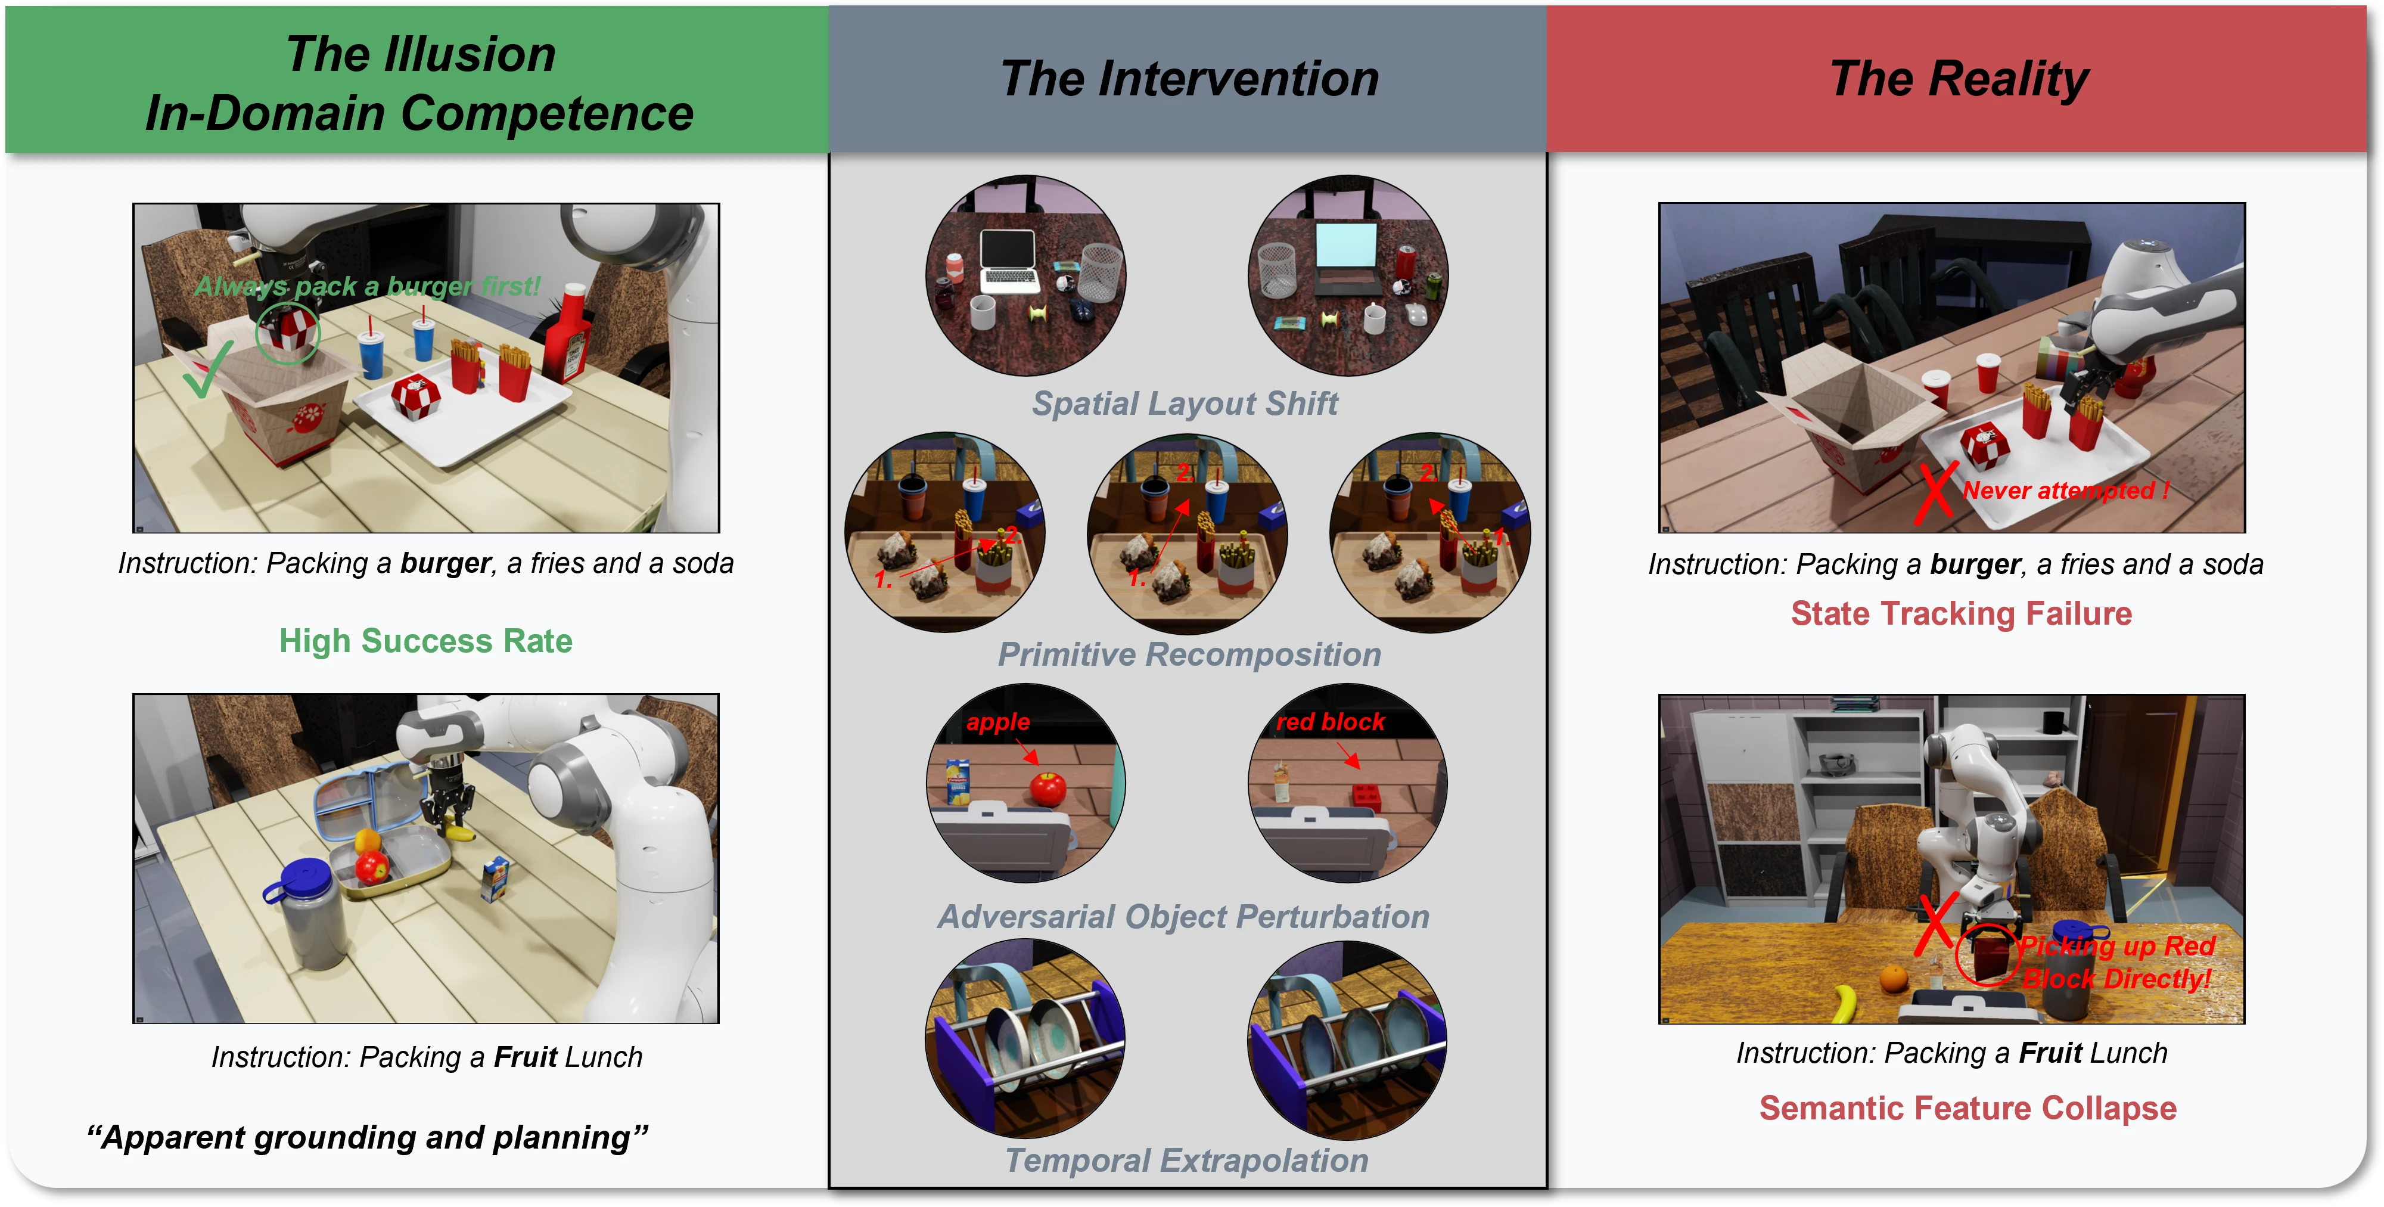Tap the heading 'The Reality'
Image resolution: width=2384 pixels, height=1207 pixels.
pyautogui.click(x=1959, y=79)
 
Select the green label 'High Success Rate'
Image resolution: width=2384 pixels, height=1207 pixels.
pyautogui.click(x=425, y=641)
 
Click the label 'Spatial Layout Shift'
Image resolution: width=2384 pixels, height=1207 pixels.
pyautogui.click(x=1185, y=404)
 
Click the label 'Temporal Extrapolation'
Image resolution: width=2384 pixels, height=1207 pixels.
pyautogui.click(x=1186, y=1160)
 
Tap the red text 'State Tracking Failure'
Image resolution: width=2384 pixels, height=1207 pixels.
pyautogui.click(x=1961, y=614)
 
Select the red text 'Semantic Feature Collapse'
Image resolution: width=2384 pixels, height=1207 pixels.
pyautogui.click(x=1968, y=1108)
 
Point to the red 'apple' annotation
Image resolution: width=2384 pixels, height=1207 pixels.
pyautogui.click(x=997, y=722)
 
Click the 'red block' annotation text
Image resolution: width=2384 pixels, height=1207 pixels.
pyautogui.click(x=1330, y=722)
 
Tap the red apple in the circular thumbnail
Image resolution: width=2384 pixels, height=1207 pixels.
pyautogui.click(x=1048, y=789)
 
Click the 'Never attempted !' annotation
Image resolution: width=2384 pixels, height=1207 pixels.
pyautogui.click(x=2066, y=491)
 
